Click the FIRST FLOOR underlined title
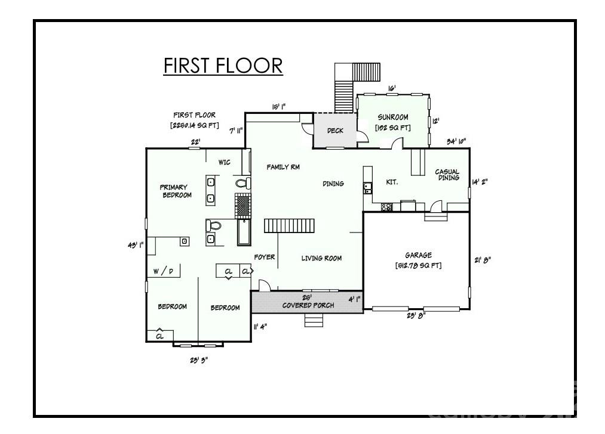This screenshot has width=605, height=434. [223, 66]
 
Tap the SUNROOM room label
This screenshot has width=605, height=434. [392, 117]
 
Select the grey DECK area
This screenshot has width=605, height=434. [335, 131]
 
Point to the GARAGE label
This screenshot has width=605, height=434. [418, 255]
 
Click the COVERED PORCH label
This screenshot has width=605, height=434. [308, 305]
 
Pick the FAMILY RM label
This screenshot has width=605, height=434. [283, 168]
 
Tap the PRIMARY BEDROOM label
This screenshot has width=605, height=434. [177, 191]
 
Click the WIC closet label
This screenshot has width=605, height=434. [225, 162]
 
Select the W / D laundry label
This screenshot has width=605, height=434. [163, 272]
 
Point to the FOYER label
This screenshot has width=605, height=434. [265, 258]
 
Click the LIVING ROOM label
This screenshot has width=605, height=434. [321, 258]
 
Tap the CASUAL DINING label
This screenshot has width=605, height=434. [447, 175]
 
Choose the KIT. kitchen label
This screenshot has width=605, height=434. [392, 182]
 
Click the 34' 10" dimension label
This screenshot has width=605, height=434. [456, 141]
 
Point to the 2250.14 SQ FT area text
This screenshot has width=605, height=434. [195, 126]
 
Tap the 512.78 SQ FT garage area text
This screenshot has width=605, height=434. [418, 265]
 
